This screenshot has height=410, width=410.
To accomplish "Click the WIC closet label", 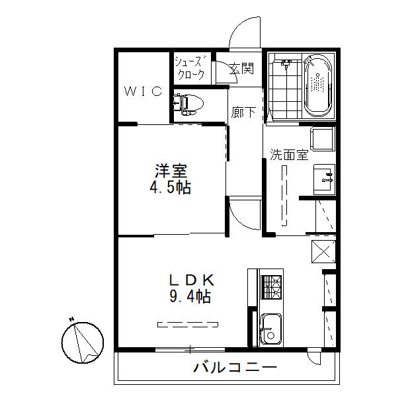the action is pyautogui.click(x=143, y=91).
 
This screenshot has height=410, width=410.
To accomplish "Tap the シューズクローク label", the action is pyautogui.click(x=189, y=69).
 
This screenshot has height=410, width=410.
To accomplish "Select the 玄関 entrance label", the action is pyautogui.click(x=241, y=69).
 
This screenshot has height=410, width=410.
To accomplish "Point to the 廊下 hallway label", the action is pyautogui.click(x=243, y=112).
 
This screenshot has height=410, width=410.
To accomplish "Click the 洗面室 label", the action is pyautogui.click(x=289, y=155).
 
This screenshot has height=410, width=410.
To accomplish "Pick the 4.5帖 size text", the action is pyautogui.click(x=171, y=187).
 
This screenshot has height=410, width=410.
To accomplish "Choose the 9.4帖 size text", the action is pyautogui.click(x=190, y=296).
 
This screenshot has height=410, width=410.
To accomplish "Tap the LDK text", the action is pyautogui.click(x=192, y=280).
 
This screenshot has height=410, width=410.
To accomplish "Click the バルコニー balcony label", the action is pyautogui.click(x=235, y=368).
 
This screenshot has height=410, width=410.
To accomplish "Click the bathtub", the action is pyautogui.click(x=317, y=85).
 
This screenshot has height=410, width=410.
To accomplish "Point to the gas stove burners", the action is pyautogui.click(x=272, y=287).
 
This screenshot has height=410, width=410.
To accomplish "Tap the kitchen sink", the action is pyautogui.click(x=271, y=329).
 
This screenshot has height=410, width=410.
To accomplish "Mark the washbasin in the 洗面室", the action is pyautogui.click(x=324, y=179).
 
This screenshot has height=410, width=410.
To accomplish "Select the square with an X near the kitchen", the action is pyautogui.click(x=323, y=251).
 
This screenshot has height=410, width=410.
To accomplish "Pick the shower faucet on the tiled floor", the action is pyautogui.click(x=286, y=63).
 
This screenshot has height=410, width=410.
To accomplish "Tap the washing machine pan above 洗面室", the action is pyautogui.click(x=323, y=139).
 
